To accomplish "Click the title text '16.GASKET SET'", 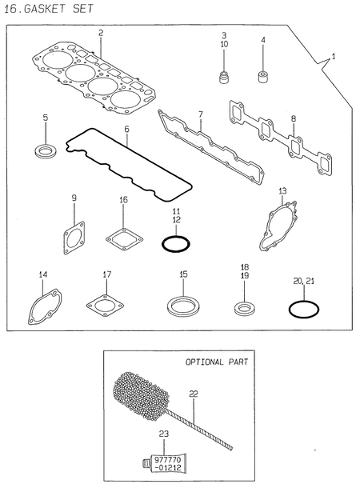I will pos(48,10).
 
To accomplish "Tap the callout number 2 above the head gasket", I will pos(101,33).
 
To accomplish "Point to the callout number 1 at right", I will pos(334,57).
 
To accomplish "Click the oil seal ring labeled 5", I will pos(46,149).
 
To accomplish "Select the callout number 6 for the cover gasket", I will pos(126,128).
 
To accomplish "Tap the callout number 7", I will pos(200,115).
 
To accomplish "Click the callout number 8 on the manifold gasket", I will pos(293,118).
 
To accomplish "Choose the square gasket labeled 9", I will pos(74,238).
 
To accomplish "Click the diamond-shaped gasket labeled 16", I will pos(123,237).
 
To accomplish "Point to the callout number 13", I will pos(282,190).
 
